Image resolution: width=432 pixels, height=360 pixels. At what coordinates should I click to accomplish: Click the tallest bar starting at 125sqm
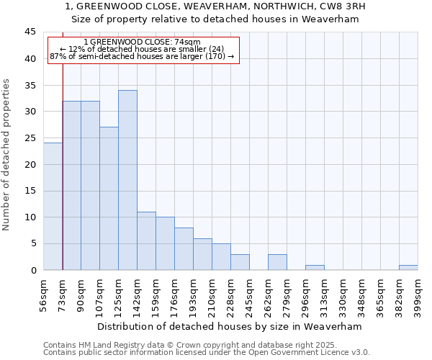click(x=127, y=180)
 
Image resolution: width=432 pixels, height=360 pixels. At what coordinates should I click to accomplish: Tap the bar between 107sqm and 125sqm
click(x=109, y=199)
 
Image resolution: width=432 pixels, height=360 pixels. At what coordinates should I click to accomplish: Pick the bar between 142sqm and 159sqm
click(x=146, y=241)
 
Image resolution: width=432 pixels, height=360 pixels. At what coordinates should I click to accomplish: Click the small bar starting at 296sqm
click(x=315, y=268)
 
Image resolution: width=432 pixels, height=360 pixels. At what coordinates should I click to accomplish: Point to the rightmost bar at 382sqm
click(x=408, y=268)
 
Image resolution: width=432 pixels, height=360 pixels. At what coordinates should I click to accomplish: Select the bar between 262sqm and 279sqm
click(x=277, y=262)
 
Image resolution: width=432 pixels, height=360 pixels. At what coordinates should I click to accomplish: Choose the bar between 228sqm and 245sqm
click(x=240, y=262)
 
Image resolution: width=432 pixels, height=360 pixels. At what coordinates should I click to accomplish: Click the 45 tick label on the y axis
click(x=30, y=32)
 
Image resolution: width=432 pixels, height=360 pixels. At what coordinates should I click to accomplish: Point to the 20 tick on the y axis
click(x=30, y=164)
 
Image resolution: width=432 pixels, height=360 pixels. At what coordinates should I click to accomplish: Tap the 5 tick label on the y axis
click(x=33, y=243)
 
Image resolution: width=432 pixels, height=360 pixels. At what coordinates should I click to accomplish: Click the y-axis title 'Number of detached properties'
click(x=7, y=155)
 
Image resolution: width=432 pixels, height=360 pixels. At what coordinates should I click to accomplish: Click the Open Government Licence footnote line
click(x=207, y=353)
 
